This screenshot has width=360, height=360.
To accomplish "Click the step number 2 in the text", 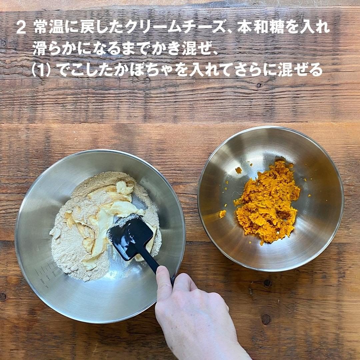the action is (x=21, y=28).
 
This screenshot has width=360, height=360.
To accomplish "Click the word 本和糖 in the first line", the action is (x=259, y=28).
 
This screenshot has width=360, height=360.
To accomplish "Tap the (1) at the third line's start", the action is (x=41, y=70).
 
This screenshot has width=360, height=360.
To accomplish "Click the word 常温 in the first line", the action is (x=48, y=28).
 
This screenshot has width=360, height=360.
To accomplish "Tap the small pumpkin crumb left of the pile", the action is (x=222, y=214).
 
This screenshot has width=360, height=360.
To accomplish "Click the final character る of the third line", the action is (x=315, y=70).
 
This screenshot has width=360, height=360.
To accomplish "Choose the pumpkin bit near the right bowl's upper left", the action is (x=239, y=170).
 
